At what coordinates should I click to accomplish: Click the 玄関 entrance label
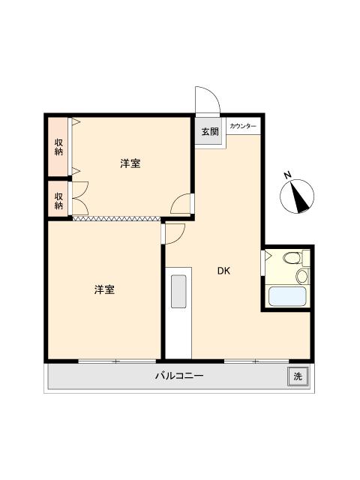tap(210, 131)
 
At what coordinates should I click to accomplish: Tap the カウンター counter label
tap(242, 125)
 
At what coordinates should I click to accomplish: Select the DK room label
tap(223, 271)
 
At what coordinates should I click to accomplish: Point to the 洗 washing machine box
tap(297, 376)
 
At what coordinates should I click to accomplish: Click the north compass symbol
tap(298, 196)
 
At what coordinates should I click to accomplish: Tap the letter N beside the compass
tap(287, 175)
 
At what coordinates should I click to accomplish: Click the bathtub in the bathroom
tap(286, 295)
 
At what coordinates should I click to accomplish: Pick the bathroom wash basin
tap(302, 276)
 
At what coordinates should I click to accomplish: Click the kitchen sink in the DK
tap(178, 292)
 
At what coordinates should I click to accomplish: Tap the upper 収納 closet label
tap(58, 146)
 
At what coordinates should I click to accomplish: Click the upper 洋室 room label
tap(130, 163)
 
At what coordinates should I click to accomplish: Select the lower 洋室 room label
tap(104, 289)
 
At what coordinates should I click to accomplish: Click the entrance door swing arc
tap(205, 100)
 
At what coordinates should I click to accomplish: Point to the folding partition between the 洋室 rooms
tap(116, 219)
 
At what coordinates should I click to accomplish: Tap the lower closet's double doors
tap(79, 198)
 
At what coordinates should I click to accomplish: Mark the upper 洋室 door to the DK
tap(181, 204)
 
